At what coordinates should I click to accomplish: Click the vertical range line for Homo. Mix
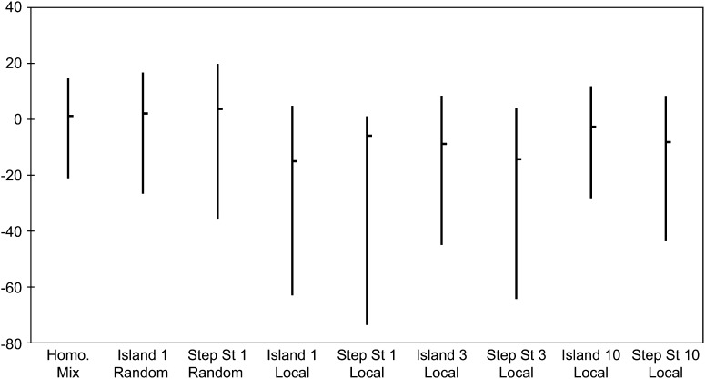click(68, 128)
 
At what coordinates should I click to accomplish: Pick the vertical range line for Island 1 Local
click(292, 200)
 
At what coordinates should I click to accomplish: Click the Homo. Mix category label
click(68, 364)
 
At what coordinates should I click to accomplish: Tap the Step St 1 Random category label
click(217, 364)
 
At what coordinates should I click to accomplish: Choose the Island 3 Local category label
click(441, 364)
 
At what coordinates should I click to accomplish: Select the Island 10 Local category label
click(590, 364)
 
